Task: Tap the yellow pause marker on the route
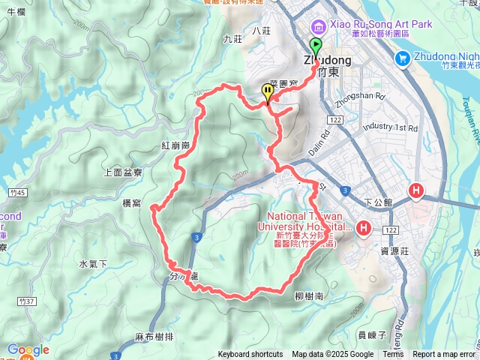coord(268,92)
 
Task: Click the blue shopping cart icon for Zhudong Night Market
coord(403,57)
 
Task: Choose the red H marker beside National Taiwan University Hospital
coord(364,227)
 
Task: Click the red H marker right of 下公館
coord(415,193)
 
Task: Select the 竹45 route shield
coord(20,193)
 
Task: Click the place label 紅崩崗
coord(175,145)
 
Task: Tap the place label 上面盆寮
coord(124,172)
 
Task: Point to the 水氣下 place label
coord(94,263)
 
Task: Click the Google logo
coord(28,350)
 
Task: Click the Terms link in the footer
coord(393,355)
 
